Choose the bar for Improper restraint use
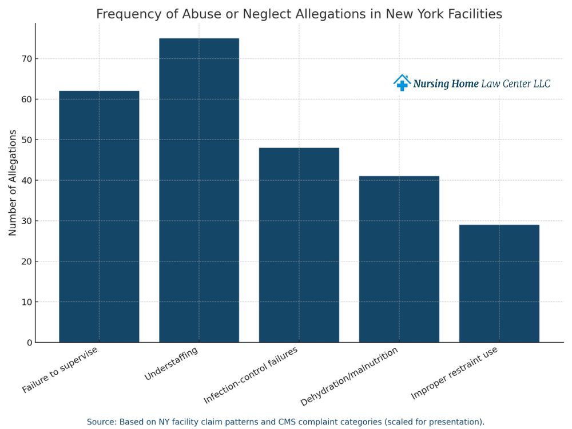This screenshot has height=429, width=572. coord(499,283)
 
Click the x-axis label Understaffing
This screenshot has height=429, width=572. coord(172,364)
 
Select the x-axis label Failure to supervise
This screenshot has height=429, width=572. coord(61,370)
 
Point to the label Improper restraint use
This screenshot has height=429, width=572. coord(454,372)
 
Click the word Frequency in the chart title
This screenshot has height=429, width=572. coord(121,14)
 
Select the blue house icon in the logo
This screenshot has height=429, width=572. coord(402,83)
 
